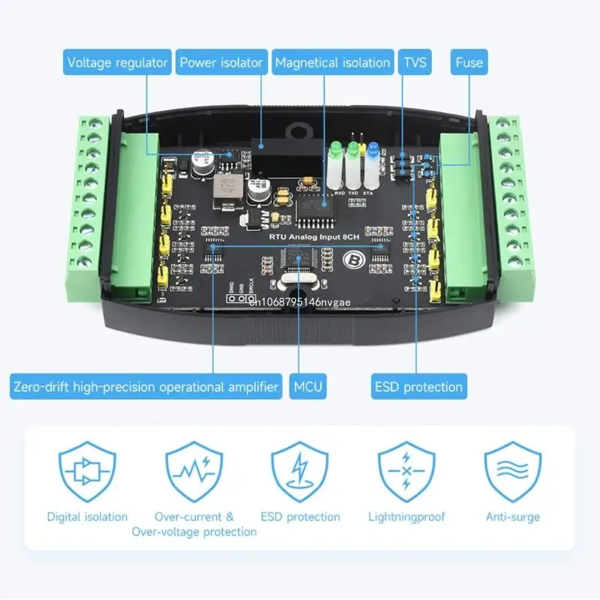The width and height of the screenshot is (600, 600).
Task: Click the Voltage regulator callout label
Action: click(x=117, y=62)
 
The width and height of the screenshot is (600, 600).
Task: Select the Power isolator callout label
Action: click(x=221, y=62)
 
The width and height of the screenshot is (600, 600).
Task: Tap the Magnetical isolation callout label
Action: click(x=332, y=62)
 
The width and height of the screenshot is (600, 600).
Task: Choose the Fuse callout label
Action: click(x=469, y=62)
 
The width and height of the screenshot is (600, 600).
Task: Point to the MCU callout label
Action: click(x=308, y=387)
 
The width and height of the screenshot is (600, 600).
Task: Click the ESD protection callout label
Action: click(x=418, y=387)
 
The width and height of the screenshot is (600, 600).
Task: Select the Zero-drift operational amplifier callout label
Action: click(x=146, y=387)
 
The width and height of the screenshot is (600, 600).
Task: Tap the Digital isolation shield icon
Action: click(x=87, y=471)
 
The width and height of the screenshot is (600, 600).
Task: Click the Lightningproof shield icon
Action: click(x=406, y=471)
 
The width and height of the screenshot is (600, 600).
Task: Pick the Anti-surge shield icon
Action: click(x=513, y=471)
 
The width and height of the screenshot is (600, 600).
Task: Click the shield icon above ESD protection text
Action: click(x=300, y=471)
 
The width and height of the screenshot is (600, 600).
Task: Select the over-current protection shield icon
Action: click(x=194, y=471)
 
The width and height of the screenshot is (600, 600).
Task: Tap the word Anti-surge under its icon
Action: click(x=513, y=517)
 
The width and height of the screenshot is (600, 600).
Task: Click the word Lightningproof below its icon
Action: click(x=406, y=517)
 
